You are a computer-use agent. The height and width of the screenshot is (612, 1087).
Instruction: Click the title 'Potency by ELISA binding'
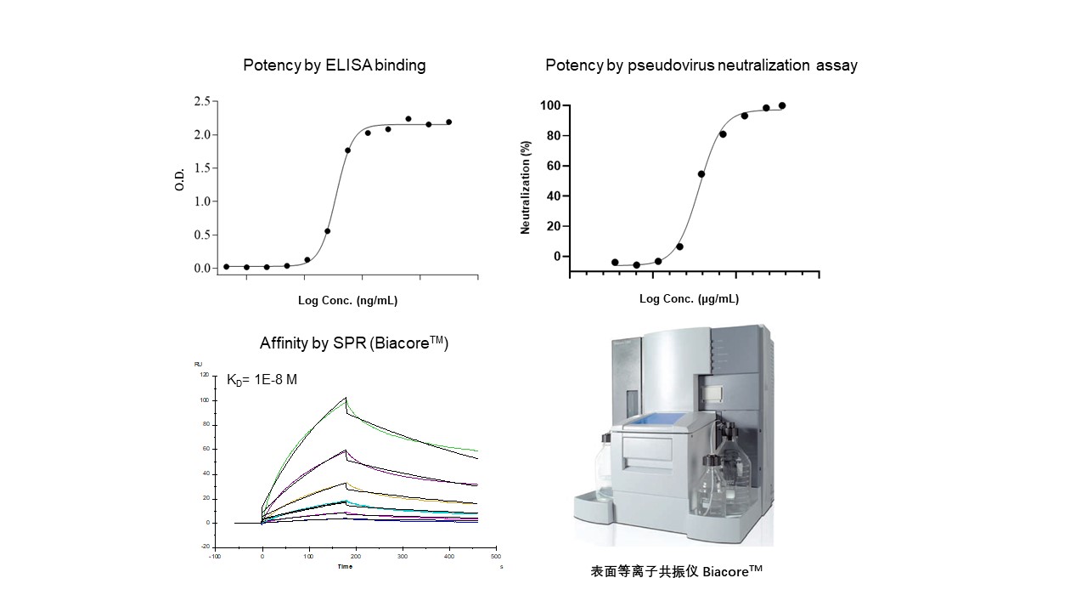tap(335, 65)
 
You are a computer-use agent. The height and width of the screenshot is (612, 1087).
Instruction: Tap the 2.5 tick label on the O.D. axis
tap(202, 102)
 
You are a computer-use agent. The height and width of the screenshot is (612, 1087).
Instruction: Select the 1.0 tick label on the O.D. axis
tap(202, 201)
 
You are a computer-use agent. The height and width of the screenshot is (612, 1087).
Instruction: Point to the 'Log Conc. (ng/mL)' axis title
tap(347, 300)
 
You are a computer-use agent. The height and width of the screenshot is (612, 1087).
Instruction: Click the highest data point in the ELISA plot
tap(408, 119)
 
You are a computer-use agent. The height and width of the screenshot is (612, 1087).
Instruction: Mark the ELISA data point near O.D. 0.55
tap(328, 230)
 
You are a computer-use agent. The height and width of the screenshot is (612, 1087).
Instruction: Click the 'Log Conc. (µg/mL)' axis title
tap(689, 298)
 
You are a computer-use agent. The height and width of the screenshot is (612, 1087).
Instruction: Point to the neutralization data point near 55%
tap(701, 174)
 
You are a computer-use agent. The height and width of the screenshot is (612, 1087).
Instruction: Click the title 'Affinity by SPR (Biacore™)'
tap(353, 344)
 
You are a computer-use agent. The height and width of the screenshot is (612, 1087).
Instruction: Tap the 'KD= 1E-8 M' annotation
tap(262, 380)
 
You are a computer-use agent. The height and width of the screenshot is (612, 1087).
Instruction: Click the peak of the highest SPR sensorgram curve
tap(346, 398)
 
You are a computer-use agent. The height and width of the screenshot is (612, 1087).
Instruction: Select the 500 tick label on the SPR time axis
tap(496, 556)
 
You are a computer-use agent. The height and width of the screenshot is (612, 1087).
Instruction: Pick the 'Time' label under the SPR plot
tap(345, 565)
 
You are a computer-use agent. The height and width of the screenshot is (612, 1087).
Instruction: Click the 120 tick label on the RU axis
tap(204, 375)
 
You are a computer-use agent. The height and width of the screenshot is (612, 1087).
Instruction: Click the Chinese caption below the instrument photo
tap(676, 572)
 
